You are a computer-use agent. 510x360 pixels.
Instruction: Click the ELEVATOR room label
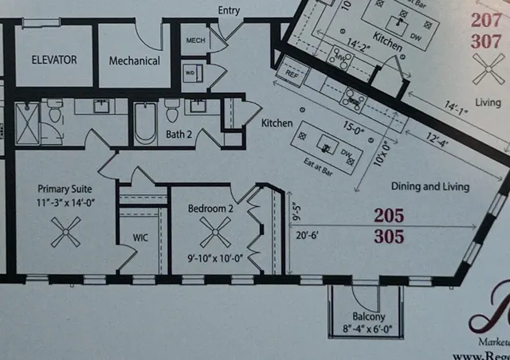coord(54,60)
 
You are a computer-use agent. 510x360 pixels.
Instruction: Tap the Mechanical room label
coord(134,61)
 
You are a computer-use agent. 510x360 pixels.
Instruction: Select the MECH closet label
coord(195,41)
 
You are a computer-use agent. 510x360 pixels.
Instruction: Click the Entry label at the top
coord(229,10)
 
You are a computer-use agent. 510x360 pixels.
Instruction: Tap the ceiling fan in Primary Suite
coord(65,233)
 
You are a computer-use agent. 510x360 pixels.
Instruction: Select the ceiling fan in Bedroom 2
coord(214,234)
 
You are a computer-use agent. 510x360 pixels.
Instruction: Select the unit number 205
coord(388,215)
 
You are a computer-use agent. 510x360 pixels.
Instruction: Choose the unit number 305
coord(388,237)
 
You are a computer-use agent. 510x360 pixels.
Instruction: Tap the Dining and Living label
coord(430,186)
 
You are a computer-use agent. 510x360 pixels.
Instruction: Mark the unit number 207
coord(486,21)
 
